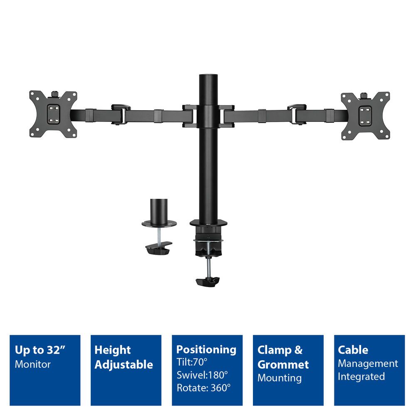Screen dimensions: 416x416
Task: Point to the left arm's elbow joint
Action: click(121, 113)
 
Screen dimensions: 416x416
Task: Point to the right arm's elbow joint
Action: click(297, 113)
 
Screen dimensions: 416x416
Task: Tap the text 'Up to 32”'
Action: click(41, 350)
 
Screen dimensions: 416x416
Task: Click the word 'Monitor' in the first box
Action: click(33, 364)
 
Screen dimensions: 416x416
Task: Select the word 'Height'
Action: click(113, 350)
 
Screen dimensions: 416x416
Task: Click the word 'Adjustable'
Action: click(124, 365)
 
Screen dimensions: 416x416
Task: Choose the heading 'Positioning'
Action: click(206, 349)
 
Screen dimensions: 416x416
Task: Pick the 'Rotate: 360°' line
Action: click(203, 388)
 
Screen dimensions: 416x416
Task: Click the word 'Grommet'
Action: click(283, 365)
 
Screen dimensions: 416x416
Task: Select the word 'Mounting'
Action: click(279, 378)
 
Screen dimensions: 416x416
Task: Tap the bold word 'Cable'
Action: click(353, 350)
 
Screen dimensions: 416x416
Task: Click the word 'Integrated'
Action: click(361, 376)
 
